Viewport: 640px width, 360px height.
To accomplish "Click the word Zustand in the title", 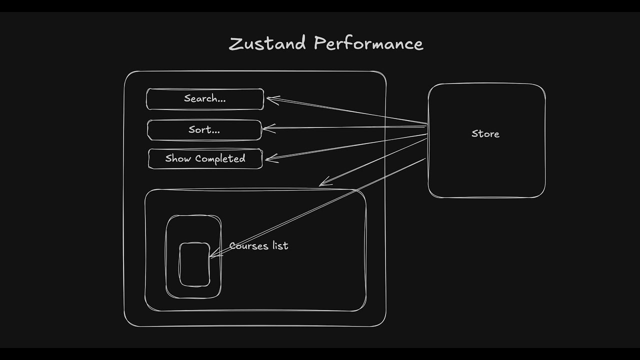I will pos(267,43).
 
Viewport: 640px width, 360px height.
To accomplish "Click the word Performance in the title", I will pos(368,44).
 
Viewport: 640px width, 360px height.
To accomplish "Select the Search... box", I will pos(205,99).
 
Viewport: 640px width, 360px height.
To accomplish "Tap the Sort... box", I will pos(204,130).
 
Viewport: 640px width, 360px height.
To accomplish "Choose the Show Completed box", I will pos(205,159).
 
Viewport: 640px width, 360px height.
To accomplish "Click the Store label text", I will pos(485,134).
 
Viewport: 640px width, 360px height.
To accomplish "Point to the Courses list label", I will pos(258,246).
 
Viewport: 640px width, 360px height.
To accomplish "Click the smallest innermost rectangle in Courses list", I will pos(194,265).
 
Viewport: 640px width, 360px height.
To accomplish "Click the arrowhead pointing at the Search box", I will pos(270,98).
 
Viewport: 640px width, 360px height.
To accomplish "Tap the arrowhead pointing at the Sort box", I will pos(266,128).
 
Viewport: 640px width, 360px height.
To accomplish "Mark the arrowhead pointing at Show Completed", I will pos(269,159).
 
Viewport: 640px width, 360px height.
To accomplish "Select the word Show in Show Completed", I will pos(178,159).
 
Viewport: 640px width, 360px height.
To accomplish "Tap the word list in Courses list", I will pos(280,246).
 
